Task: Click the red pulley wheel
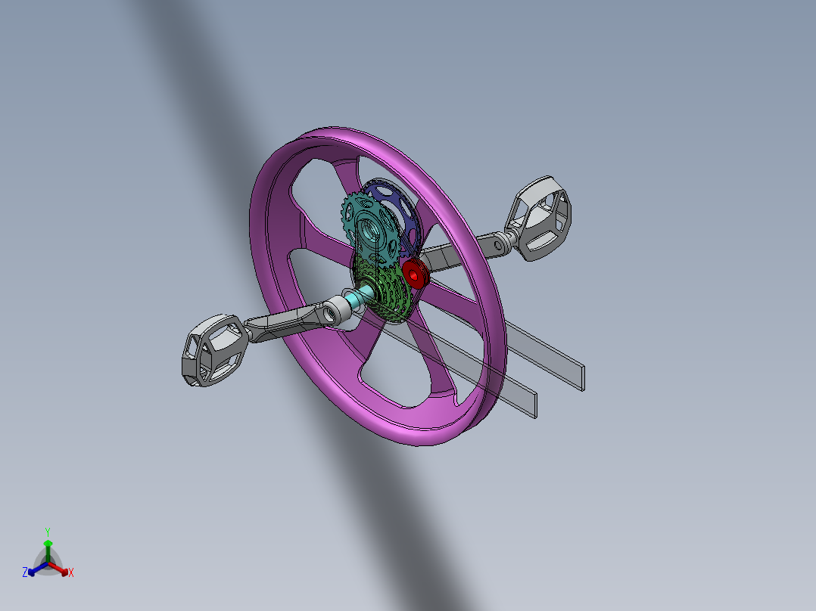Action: pyautogui.click(x=416, y=274)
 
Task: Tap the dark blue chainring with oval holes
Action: pyautogui.click(x=406, y=216)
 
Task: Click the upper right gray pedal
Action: pyautogui.click(x=540, y=218)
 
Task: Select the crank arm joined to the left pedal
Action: pyautogui.click(x=291, y=321)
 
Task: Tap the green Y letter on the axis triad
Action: pyautogui.click(x=47, y=532)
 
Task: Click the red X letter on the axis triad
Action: pyautogui.click(x=71, y=572)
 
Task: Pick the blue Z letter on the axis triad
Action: pyautogui.click(x=25, y=572)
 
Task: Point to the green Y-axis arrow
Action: pyautogui.click(x=48, y=547)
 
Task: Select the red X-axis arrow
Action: pyautogui.click(x=62, y=569)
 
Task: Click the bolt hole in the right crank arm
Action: pyautogui.click(x=497, y=243)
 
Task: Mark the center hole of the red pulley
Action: pyautogui.click(x=414, y=274)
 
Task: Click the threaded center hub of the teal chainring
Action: pyautogui.click(x=372, y=226)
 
